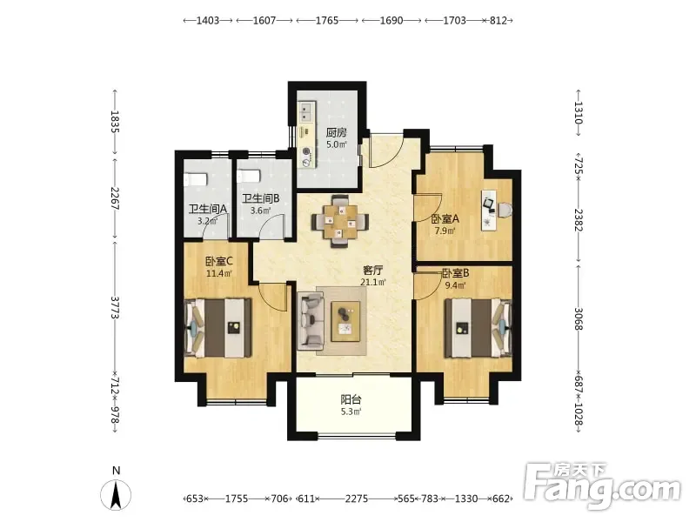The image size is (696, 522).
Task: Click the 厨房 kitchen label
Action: coord(337,132)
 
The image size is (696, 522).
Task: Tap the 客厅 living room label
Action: coord(373,270)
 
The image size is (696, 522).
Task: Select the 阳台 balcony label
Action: coord(351,399)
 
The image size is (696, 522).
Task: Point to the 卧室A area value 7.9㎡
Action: coord(445,231)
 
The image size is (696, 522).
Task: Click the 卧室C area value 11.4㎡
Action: coord(219,273)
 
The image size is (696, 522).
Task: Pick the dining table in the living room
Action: coord(340,221)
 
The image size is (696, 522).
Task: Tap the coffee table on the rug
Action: coord(345,321)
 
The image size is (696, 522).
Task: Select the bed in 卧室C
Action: coord(218,328)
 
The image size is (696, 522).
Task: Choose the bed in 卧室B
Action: coord(478,328)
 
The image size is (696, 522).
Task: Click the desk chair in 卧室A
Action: coord(504,210)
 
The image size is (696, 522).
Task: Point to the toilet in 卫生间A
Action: coord(195,179)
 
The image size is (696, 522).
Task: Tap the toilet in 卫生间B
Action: coord(249,177)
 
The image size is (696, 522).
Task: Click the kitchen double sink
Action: coord(306,111)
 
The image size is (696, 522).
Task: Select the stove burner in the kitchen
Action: coord(306,151)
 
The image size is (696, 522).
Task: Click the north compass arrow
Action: coord(116,495)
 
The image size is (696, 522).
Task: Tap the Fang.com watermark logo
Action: coord(602,485)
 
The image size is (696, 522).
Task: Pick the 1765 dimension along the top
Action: coord(327,20)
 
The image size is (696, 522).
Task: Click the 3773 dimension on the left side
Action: coord(115,307)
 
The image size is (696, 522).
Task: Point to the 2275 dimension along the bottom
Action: coord(357,499)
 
